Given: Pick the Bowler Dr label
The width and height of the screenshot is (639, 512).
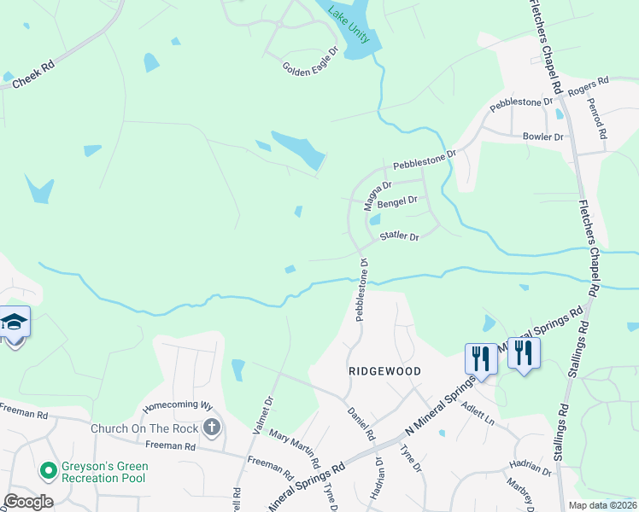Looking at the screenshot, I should coord(542,137).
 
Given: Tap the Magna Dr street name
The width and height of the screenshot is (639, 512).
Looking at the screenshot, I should coord(377,195).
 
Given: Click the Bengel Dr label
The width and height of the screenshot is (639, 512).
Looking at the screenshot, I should coord(396,201).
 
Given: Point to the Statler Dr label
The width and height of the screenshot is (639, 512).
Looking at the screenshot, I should coord(399,236).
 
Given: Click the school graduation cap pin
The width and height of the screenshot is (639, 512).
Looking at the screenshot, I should coord(15,323).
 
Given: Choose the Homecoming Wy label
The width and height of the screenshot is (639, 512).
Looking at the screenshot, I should coord(177,405).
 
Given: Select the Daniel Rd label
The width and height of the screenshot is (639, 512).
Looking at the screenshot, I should coord(361,423).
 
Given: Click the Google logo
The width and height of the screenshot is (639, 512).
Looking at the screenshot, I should coord(28,502).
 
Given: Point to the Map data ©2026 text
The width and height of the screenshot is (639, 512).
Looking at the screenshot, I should coord(602,505).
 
